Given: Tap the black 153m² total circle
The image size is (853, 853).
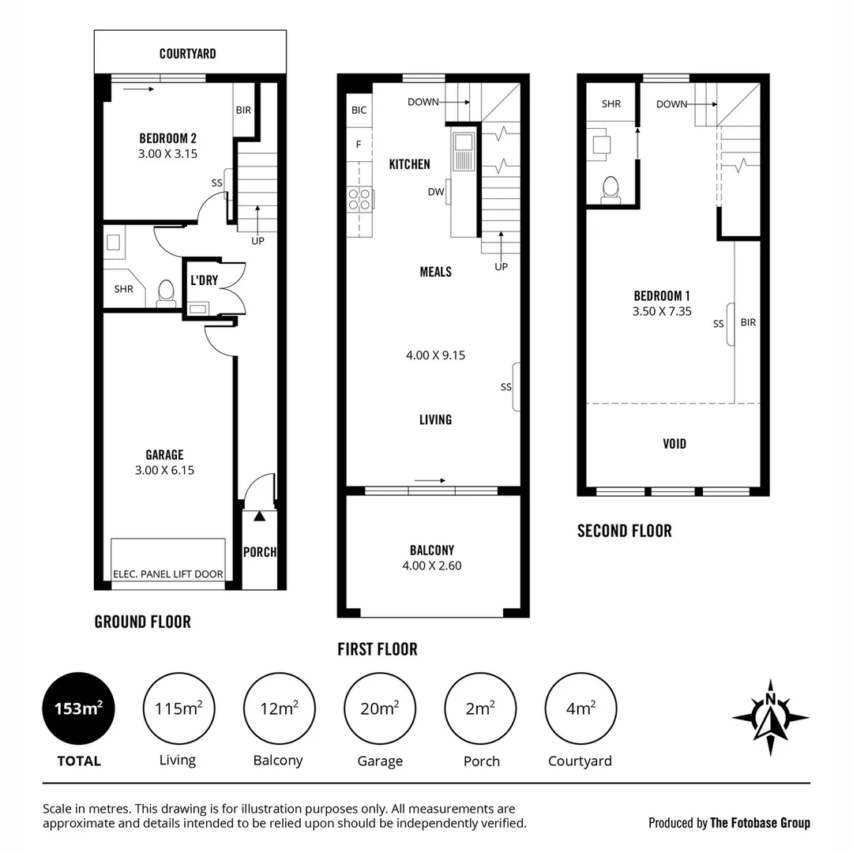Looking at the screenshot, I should pos(78,708).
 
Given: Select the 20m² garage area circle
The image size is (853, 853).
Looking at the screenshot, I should pos(380,708).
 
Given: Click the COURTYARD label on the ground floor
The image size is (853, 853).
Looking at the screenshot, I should pos(187,54).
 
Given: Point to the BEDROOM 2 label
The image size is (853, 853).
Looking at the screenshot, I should pos(167,137).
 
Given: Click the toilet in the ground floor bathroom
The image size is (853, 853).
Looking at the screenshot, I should pos(166,292).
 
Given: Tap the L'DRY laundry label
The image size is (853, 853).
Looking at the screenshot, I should pos(204,280).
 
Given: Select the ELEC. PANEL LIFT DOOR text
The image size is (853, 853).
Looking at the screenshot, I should pos(169,574).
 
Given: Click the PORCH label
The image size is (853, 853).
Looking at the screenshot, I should pos(260,552).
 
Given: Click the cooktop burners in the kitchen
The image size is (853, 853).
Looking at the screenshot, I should pos(360,198).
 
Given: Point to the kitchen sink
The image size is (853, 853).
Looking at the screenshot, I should pos(462,147).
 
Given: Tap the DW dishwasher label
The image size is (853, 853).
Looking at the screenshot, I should pos(435,192).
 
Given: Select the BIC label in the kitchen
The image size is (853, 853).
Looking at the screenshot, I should pos(359,110).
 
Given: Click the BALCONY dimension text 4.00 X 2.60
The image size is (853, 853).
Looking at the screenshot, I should pos(432,566).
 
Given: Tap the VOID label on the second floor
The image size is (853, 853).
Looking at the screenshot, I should pos(675,444).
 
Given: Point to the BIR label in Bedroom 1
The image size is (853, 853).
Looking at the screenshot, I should pos(748,322).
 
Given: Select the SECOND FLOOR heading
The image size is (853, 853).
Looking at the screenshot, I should pos(624,531).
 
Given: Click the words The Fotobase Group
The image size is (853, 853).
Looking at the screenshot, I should pos(760,823).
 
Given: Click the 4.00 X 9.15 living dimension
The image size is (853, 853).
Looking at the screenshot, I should pos(435,355).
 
